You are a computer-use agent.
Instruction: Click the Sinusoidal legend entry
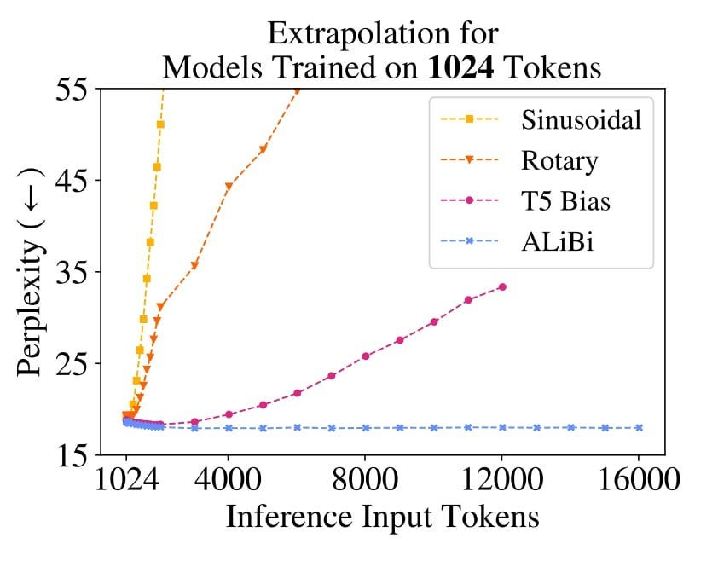[581, 119]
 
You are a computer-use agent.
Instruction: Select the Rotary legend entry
[559, 160]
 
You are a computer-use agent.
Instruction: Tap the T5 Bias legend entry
[566, 201]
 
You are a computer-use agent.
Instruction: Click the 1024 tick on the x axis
[126, 479]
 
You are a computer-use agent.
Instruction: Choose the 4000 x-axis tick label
[229, 479]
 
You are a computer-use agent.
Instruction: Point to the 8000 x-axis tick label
[366, 479]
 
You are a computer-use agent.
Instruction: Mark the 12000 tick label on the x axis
[502, 479]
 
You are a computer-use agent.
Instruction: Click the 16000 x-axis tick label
[640, 479]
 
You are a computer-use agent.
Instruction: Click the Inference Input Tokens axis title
[382, 517]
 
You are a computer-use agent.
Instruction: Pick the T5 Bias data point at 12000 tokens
[502, 286]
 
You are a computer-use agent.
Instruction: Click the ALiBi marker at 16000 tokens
[640, 428]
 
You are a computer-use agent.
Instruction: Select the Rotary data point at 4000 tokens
[229, 186]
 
